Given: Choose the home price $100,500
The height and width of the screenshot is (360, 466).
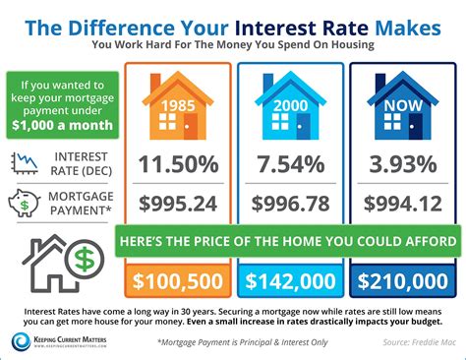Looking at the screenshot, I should click(x=177, y=281).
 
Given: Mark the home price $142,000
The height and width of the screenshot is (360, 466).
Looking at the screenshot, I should click(x=289, y=281).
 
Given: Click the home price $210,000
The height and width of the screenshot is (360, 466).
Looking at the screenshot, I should click(x=402, y=281).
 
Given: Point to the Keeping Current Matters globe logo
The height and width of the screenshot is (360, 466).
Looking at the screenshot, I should click(x=21, y=340).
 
